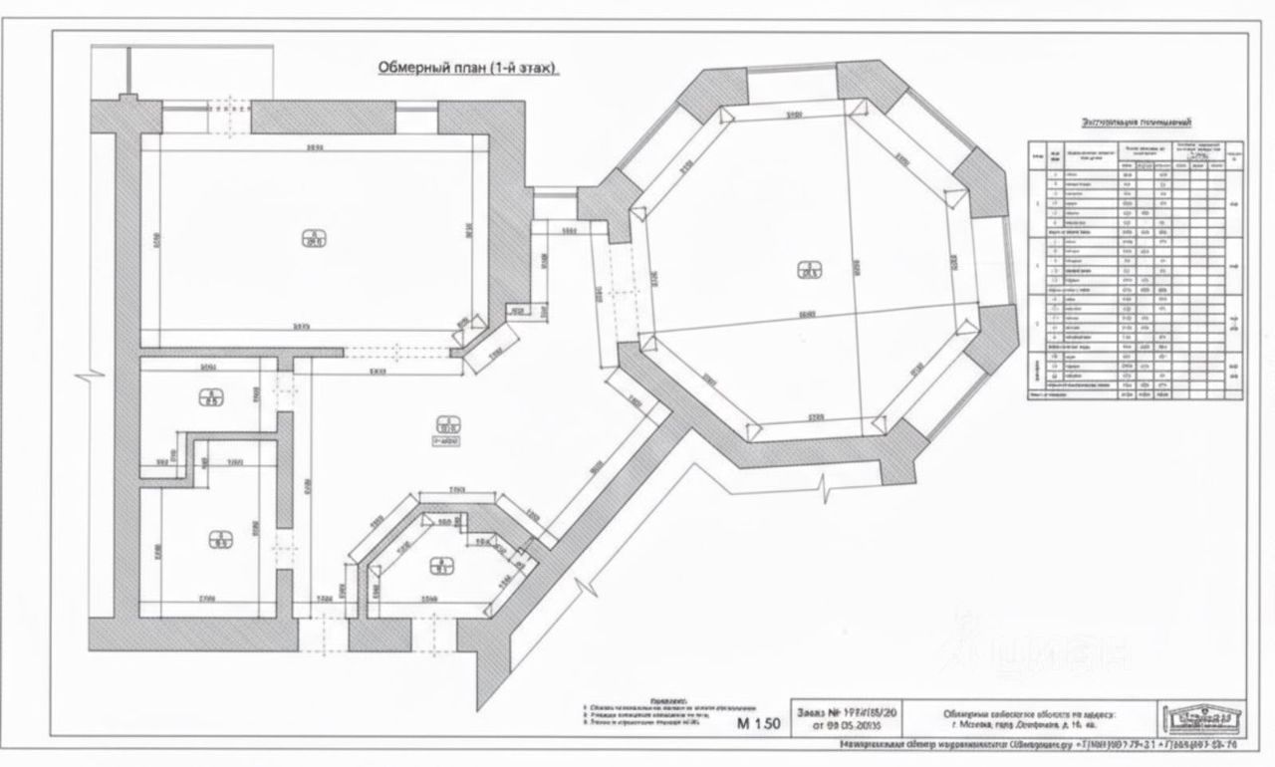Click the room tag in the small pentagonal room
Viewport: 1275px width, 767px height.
point(435,567)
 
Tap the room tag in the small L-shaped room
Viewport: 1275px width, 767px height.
point(211,398)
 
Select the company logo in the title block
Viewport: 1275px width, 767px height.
point(1203,718)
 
